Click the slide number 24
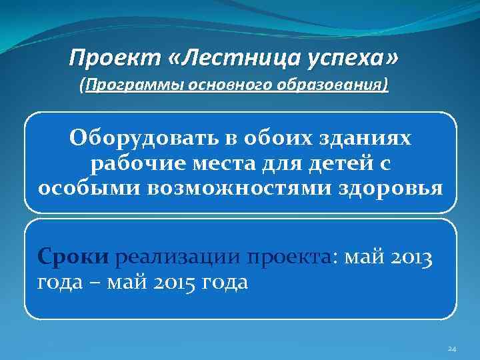(451, 349)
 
